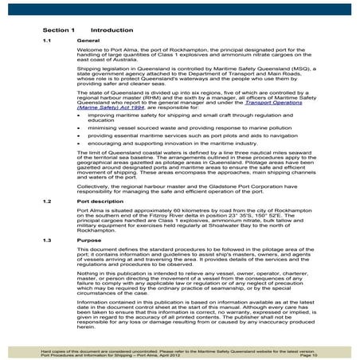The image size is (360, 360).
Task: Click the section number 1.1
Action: click(x=47, y=40)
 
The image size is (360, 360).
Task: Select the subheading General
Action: click(x=88, y=40)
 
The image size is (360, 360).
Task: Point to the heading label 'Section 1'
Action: click(x=58, y=29)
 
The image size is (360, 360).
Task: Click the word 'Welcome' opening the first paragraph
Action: click(x=88, y=49)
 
